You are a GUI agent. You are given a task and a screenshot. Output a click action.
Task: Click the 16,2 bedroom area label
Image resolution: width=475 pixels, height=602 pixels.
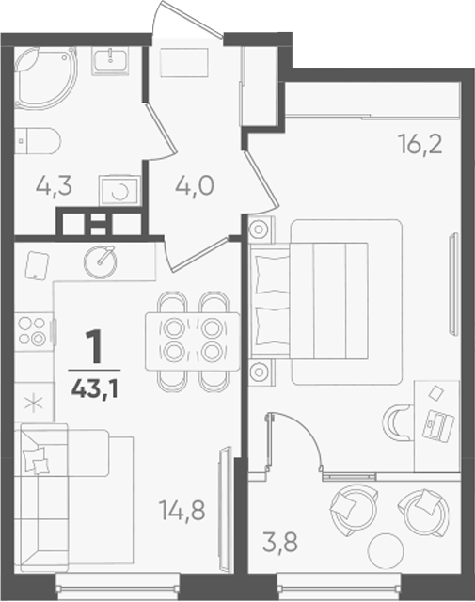pos(420,144)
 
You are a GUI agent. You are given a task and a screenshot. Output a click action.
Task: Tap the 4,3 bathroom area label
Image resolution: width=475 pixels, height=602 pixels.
pos(54,187)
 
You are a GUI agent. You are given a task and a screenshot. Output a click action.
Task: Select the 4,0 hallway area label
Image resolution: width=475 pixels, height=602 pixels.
pos(195,186)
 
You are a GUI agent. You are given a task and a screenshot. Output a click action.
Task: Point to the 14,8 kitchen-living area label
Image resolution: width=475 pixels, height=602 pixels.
pos(182,511)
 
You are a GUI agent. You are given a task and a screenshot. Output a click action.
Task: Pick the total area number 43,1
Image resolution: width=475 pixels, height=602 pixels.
pos(94,389)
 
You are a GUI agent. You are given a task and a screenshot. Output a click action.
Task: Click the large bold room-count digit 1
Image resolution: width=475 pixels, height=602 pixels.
pos(94,347)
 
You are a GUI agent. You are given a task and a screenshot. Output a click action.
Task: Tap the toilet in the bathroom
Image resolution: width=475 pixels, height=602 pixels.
pos(38,141)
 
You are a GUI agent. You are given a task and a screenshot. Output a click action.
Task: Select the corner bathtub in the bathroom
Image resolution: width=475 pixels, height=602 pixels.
pos(46,78)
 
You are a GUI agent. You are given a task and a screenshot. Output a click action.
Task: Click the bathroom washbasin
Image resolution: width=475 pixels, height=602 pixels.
pos(111,60)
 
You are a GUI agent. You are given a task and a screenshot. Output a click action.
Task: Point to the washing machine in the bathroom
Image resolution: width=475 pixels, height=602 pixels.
pos(119,191)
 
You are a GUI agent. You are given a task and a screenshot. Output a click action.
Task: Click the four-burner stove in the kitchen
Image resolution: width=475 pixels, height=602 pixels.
pos(34,332)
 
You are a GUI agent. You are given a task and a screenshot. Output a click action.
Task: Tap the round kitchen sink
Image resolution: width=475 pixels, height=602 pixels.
pos(101,261)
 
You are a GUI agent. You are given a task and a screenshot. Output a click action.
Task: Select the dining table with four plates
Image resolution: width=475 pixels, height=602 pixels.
pos(193,341)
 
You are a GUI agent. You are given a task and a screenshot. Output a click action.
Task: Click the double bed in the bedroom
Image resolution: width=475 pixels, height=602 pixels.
pos(326,301)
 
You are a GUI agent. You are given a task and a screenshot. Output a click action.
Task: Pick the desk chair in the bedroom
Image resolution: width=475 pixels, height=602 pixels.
pos(398,422)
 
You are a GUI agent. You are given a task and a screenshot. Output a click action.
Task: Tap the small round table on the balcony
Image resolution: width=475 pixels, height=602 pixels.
pos(386,551)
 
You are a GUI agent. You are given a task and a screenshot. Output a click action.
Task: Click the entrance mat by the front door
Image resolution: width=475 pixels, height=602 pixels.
pos(184,63)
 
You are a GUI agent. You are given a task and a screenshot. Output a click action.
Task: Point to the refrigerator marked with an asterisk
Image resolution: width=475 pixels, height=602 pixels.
pos(34,403)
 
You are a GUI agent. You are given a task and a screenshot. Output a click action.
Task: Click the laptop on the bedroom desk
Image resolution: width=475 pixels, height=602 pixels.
pos(438,424)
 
